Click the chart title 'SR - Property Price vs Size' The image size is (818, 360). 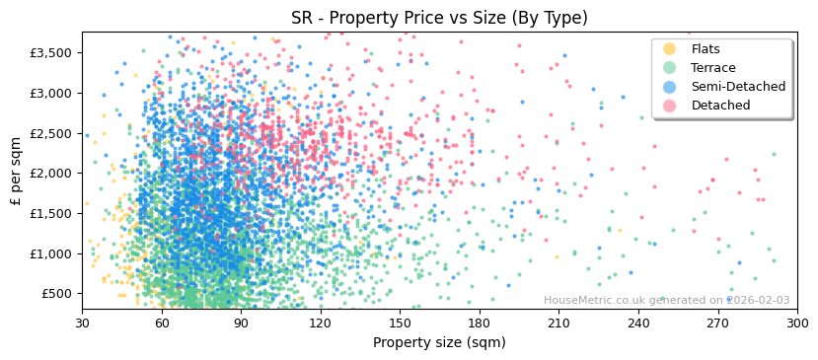pos(439,18)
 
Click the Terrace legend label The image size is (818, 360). pos(713,68)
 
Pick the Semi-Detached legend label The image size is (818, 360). pos(738,87)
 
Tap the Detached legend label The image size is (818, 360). pos(720,106)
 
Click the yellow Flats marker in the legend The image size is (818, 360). pos(670,49)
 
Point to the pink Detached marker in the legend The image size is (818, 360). pos(670,106)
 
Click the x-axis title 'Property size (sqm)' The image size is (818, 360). pos(439,343)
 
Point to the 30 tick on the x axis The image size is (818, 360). pos(82,323)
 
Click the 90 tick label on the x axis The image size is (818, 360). pos(241,323)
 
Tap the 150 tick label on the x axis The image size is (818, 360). pos(400,323)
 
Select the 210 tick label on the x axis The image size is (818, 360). pos(558,323)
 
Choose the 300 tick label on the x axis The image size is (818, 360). pos(797,323)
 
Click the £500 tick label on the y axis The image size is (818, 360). pos(56,294)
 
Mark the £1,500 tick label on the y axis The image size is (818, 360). pos(52,214)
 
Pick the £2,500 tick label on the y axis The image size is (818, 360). pos(52,133)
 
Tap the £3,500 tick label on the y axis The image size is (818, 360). pos(52,53)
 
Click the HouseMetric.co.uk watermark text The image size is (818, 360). pos(666,301)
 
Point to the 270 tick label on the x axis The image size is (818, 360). pos(717,323)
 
